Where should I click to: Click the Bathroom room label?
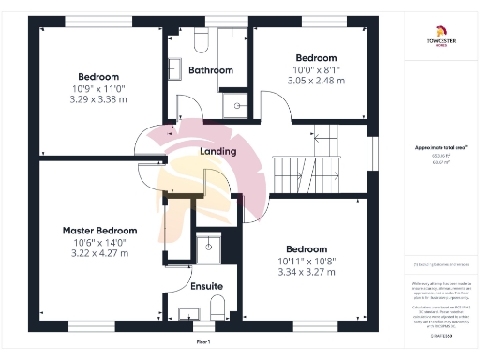pyautogui.click(x=210, y=70)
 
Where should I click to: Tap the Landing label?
pyautogui.click(x=218, y=152)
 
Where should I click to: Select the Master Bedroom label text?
pyautogui.click(x=99, y=231)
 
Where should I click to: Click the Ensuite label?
pyautogui.click(x=206, y=285)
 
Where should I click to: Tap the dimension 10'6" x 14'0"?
pyautogui.click(x=99, y=242)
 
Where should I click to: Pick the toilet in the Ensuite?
pyautogui.click(x=215, y=307)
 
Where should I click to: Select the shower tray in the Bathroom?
pyautogui.click(x=235, y=103)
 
